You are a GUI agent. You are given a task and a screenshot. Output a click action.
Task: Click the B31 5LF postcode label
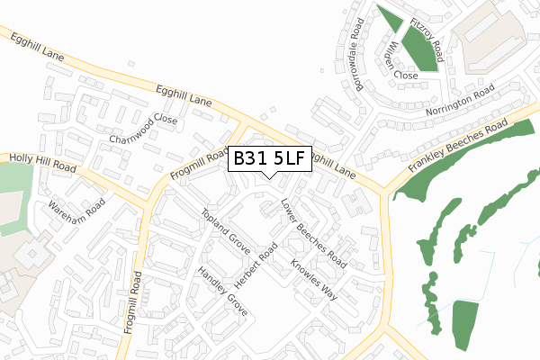270,159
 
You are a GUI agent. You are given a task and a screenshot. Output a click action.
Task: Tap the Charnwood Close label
144,130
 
